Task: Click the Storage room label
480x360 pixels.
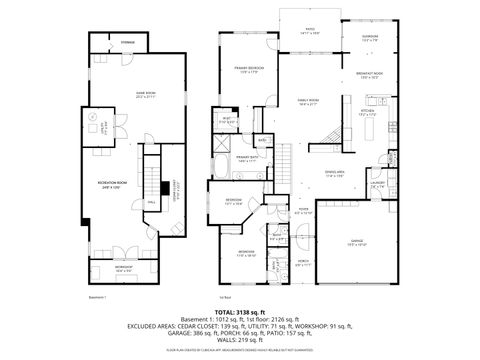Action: [x=128, y=43]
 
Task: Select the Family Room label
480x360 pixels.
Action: [x=308, y=101]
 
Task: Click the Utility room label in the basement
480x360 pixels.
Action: [x=103, y=127]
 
